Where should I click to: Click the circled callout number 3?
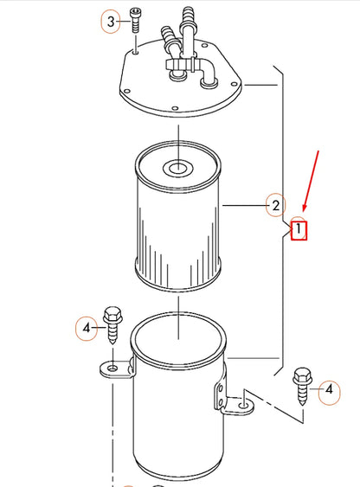[x=110, y=21]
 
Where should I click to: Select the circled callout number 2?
[x=274, y=205]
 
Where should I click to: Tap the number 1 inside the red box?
[x=299, y=230]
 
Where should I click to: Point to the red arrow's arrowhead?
[x=304, y=210]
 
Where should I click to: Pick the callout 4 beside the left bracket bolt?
[x=86, y=328]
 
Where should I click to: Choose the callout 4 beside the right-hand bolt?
[x=329, y=390]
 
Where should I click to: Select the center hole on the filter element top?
[x=177, y=166]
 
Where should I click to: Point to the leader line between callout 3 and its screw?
[x=125, y=21]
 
